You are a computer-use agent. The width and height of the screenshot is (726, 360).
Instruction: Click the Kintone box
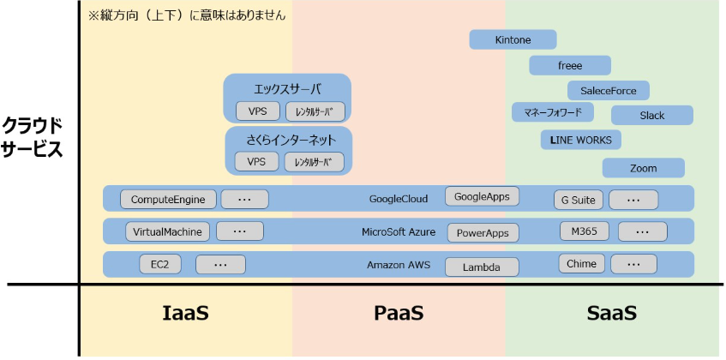[x=513, y=39]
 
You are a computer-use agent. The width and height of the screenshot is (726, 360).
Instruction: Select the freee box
[x=570, y=65]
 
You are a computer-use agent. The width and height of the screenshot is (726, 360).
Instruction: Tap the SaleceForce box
[x=608, y=90]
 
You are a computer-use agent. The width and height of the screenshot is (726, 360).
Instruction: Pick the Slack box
[x=651, y=115]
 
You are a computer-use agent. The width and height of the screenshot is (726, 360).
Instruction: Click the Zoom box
[x=643, y=168]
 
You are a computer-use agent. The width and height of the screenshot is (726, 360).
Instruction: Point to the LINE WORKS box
[x=581, y=139]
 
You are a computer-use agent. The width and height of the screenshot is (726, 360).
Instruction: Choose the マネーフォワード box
[x=553, y=112]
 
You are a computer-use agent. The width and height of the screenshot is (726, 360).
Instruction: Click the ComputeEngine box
[x=168, y=200]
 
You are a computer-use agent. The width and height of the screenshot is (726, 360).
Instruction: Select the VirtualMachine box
[x=167, y=231]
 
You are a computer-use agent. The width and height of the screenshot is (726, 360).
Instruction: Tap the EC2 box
[x=160, y=265]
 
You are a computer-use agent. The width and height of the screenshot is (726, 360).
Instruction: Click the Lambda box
[x=481, y=267]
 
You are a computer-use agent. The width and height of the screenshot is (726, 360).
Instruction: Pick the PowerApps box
[x=483, y=231]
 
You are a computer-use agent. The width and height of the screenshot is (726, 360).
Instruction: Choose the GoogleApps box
[x=482, y=196]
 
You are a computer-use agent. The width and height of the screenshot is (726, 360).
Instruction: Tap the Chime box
[x=580, y=264]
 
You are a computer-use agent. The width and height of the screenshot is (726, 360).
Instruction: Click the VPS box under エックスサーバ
[x=257, y=111]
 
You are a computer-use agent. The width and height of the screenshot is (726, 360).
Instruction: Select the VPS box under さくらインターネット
[x=256, y=161]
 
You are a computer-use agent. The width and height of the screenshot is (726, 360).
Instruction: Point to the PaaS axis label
[x=399, y=313]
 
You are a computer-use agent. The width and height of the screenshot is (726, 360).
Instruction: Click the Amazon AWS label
[x=399, y=265]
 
